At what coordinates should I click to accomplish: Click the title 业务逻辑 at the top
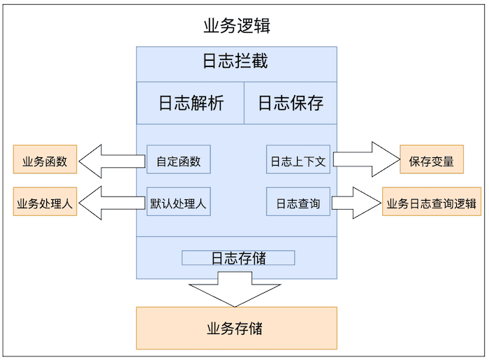237,27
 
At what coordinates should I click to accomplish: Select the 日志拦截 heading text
235,62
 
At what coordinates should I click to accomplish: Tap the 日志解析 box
190,103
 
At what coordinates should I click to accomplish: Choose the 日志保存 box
290,103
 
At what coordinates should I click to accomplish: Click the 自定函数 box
178,160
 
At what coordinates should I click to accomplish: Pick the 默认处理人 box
178,202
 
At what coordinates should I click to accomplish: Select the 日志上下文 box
298,160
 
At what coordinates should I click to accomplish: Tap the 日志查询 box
298,202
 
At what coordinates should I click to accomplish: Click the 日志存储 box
238,258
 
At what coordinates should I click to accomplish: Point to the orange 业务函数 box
45,160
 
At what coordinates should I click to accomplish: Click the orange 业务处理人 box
45,202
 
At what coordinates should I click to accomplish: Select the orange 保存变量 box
431,160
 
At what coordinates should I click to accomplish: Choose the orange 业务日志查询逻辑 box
431,203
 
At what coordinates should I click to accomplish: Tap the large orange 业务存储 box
236,328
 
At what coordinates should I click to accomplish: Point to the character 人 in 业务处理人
68,203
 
